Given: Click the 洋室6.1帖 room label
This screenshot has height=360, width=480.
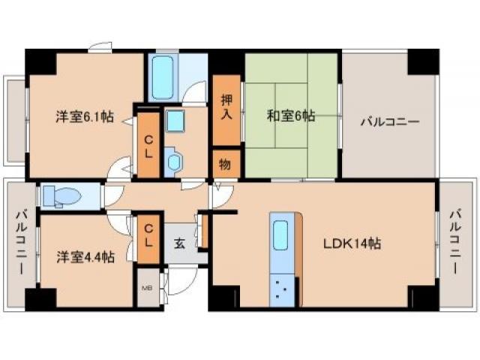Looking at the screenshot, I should [x=84, y=116].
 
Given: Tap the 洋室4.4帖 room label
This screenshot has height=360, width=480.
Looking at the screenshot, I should [x=85, y=256].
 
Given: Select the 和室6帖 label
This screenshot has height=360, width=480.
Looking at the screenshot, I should [x=291, y=116].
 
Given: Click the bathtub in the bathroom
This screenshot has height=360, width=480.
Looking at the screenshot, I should [x=163, y=76].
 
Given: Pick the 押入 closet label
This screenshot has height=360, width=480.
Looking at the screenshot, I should [x=226, y=107].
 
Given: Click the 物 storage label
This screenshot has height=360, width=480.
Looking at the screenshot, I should [x=225, y=164].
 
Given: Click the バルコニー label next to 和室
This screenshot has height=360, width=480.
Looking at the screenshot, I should [x=388, y=122].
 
